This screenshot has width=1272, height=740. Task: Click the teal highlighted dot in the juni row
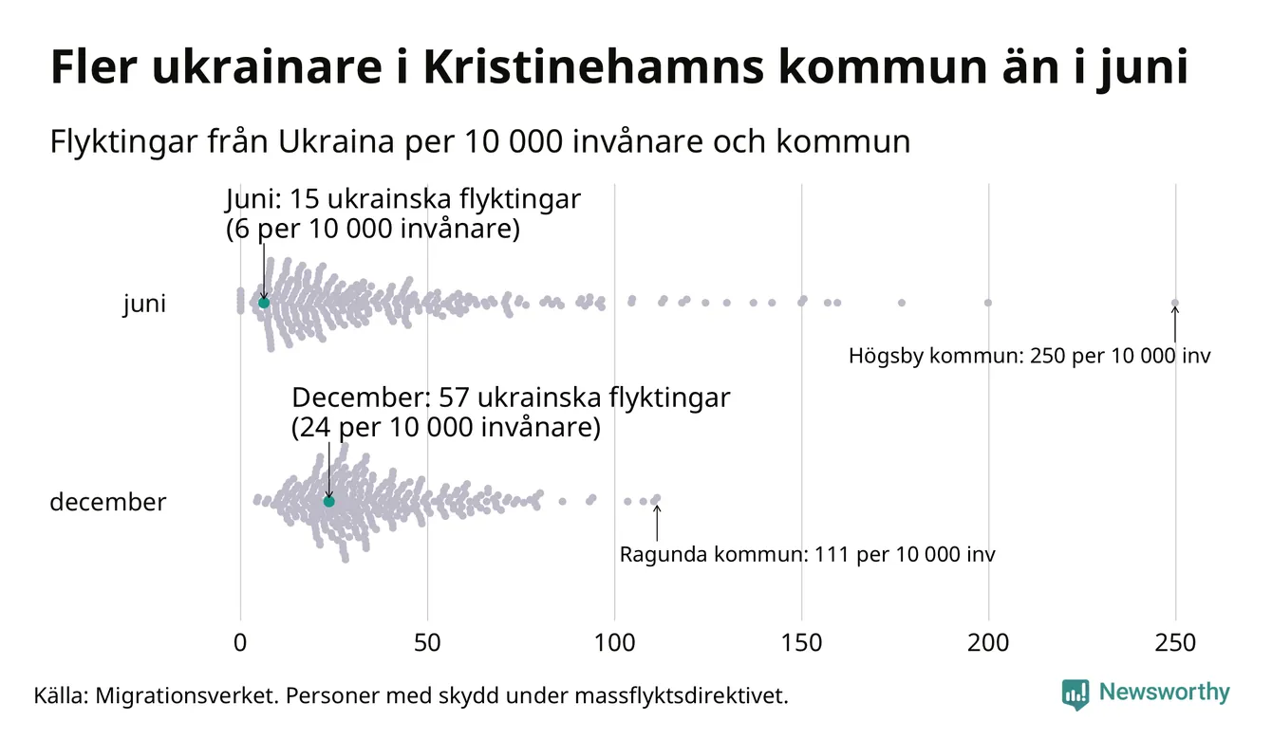click(264, 303)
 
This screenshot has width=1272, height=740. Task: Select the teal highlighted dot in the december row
click(328, 501)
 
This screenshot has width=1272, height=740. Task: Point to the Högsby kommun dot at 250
click(1174, 304)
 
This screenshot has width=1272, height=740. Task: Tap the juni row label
click(144, 304)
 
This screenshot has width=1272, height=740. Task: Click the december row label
click(107, 502)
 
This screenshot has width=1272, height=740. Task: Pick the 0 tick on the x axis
click(240, 642)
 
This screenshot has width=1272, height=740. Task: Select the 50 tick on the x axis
click(427, 642)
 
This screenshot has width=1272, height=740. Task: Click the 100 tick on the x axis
click(614, 642)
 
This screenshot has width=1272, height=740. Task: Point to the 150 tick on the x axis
click(801, 642)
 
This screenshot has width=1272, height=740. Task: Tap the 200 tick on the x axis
click(988, 642)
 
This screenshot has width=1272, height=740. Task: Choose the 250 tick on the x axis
click(1175, 642)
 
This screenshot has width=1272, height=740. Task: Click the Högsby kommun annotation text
click(1030, 357)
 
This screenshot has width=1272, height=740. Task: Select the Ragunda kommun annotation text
click(807, 554)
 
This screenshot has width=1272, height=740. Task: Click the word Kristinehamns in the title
click(589, 68)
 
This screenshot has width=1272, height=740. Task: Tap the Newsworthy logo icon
click(1076, 694)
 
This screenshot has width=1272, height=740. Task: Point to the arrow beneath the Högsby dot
click(1174, 324)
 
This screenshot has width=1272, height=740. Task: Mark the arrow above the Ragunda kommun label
click(656, 522)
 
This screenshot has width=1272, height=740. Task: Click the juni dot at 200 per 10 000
click(988, 303)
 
